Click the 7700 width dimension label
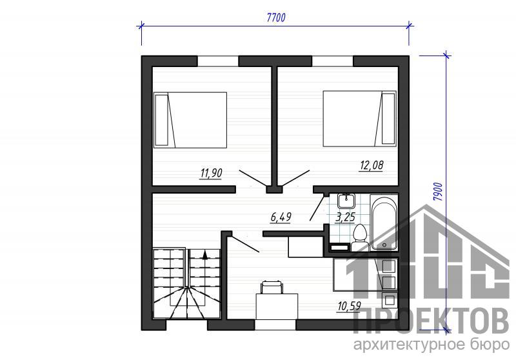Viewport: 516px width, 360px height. (276, 17)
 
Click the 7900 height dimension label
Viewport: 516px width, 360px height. (438, 192)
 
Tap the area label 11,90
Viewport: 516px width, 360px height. (211, 173)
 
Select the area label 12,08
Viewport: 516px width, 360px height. (371, 165)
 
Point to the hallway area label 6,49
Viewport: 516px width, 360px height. (281, 217)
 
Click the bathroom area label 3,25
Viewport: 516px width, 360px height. (345, 217)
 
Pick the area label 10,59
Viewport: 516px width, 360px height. (349, 306)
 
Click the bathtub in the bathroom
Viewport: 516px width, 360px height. (384, 223)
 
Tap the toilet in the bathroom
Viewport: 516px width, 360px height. (359, 237)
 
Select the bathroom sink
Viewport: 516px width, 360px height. (346, 201)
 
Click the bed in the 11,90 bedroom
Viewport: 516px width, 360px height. (190, 120)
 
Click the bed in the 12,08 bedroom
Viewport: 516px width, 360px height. (359, 119)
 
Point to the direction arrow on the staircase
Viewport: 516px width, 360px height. (205, 255)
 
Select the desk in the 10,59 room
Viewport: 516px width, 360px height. (277, 306)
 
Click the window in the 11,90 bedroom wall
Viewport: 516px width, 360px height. (218, 61)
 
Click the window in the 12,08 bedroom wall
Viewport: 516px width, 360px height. (332, 61)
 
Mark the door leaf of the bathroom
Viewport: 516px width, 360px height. (317, 209)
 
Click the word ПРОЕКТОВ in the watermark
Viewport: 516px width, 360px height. (431, 321)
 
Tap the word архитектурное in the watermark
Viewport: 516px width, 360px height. (408, 345)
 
